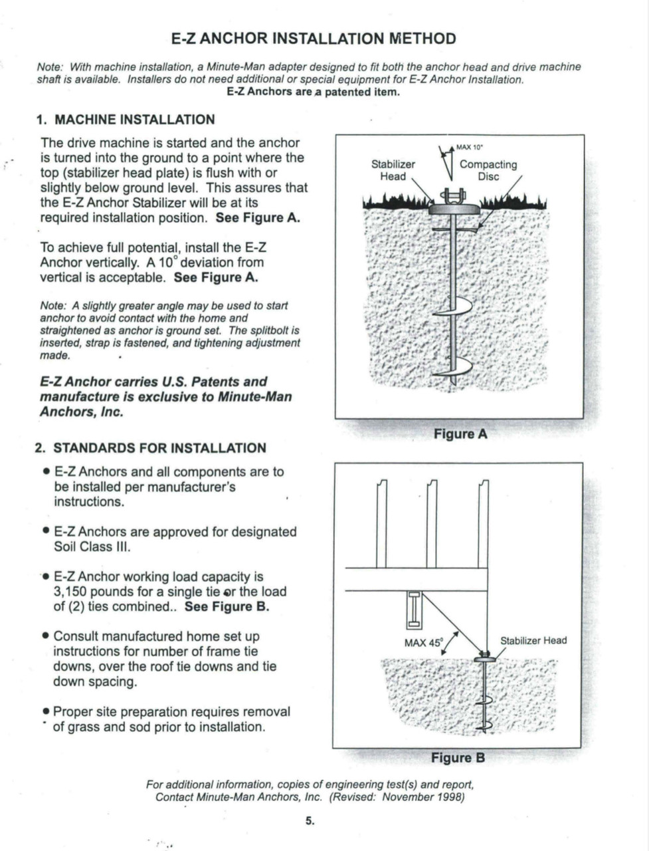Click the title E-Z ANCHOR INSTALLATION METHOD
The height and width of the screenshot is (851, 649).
(314, 39)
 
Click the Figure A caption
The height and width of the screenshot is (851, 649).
(460, 434)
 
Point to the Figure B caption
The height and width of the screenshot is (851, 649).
(458, 757)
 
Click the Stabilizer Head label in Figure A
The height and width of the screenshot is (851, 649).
(393, 170)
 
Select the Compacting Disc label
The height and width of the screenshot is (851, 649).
(488, 170)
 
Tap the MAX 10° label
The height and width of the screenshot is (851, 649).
(469, 147)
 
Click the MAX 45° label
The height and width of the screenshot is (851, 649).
(423, 643)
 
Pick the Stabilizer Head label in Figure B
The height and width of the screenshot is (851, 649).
(533, 640)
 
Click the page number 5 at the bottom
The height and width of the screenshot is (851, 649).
(310, 820)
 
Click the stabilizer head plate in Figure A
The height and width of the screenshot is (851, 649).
(454, 209)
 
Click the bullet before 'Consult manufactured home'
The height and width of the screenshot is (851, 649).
(45, 637)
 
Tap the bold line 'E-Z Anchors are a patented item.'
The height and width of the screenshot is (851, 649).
(314, 92)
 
